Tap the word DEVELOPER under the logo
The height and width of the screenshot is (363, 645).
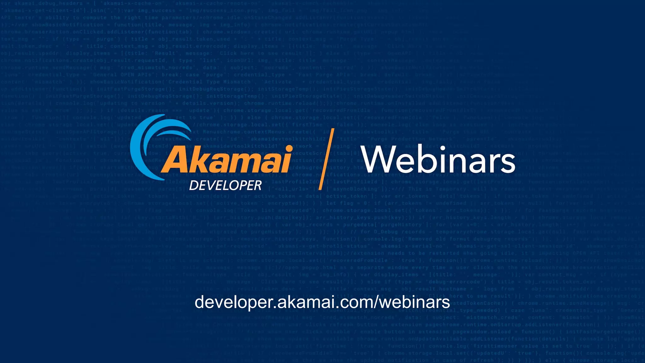coord(225,185)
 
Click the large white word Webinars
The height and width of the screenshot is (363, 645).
coord(438,160)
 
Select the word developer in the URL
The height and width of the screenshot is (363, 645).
coord(233,302)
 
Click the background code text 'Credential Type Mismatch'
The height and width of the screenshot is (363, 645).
coord(209,82)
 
